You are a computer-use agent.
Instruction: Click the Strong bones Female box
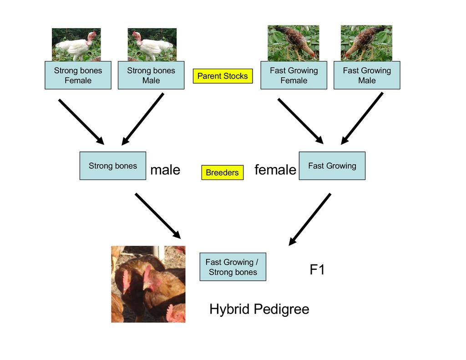pos(78,75)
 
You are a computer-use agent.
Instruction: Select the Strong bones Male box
pos(151,75)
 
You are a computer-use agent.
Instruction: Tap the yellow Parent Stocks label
pos(223,76)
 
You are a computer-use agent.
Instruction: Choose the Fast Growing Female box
pos(294,75)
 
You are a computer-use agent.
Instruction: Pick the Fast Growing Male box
pos(367,75)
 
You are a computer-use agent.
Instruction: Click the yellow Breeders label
pos(222,172)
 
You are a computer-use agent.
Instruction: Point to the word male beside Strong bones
pos(165,170)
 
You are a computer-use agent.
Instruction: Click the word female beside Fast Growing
pos(275,170)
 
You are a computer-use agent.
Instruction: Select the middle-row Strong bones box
pos(113,166)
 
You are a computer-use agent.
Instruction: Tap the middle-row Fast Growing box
pos(332,166)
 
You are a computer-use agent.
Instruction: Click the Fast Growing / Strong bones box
pos(233,267)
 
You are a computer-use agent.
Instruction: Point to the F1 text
pos(317,270)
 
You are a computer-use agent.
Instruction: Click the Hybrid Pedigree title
pos(259,309)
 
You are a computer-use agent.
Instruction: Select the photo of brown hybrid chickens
pos(148,284)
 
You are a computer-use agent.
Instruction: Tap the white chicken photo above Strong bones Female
pos(76,45)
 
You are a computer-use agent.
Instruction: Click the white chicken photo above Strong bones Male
pos(152,45)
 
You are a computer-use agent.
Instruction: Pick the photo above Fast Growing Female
pos(293,43)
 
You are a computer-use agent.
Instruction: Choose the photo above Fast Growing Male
pos(366,43)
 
